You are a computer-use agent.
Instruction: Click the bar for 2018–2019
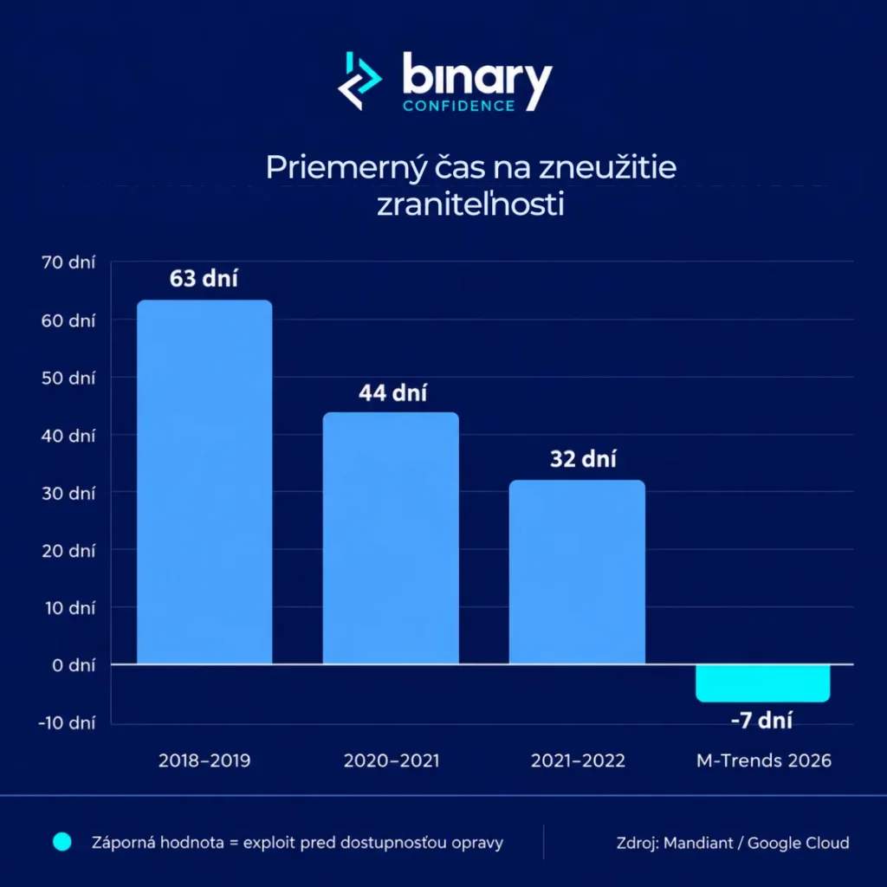click(x=204, y=482)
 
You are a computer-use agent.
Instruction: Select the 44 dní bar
click(x=391, y=537)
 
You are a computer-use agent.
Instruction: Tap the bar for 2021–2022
click(x=577, y=572)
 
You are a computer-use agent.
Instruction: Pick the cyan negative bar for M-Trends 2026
click(x=762, y=683)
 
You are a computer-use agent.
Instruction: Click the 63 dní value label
click(x=204, y=278)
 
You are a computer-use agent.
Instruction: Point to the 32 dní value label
click(x=583, y=459)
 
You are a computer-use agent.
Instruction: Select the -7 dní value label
click(x=761, y=721)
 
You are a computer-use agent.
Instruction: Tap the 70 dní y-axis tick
click(x=68, y=262)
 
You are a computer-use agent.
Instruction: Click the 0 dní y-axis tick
click(x=74, y=665)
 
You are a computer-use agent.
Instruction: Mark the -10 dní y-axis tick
click(x=67, y=723)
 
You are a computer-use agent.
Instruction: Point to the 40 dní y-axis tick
click(x=68, y=436)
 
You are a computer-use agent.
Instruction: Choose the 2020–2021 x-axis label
click(x=392, y=761)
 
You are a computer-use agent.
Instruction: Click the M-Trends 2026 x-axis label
click(x=764, y=761)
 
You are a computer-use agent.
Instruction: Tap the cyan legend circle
click(x=62, y=842)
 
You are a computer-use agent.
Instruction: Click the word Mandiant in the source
click(x=698, y=843)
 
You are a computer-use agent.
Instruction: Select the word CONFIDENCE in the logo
click(x=459, y=106)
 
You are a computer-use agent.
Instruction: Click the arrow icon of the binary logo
click(x=359, y=81)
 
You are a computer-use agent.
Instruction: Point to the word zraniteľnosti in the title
click(x=470, y=204)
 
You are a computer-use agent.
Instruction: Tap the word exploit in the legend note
click(x=269, y=843)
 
